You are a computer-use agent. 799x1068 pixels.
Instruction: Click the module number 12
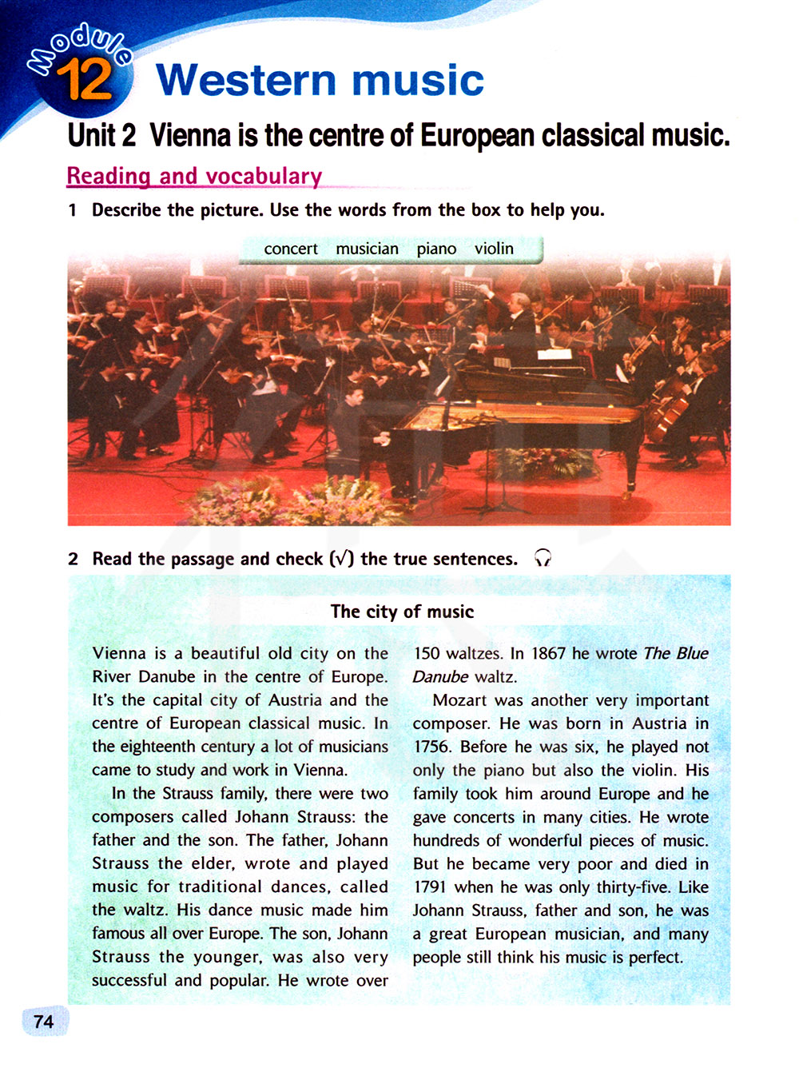point(84,80)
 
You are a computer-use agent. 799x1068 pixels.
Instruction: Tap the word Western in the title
point(246,81)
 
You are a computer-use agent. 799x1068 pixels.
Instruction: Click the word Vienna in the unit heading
point(190,136)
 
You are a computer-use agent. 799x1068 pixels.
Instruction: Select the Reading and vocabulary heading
point(194,176)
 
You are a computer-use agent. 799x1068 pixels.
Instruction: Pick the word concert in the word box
point(291,249)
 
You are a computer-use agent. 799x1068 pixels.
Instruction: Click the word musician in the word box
point(367,249)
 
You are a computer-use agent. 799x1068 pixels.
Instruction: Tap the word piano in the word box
point(436,249)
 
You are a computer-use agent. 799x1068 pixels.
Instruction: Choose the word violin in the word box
point(494,249)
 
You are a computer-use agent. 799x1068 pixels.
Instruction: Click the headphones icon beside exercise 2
point(543,558)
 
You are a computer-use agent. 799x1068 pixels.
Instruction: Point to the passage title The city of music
point(402,612)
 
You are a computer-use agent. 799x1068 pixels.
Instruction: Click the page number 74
point(44,1022)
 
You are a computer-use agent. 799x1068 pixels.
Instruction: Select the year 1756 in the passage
point(431,747)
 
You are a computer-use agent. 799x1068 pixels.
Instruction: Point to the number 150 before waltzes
point(427,654)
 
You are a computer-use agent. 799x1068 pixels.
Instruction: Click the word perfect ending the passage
point(655,958)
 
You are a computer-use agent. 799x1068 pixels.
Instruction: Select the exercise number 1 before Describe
point(73,210)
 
